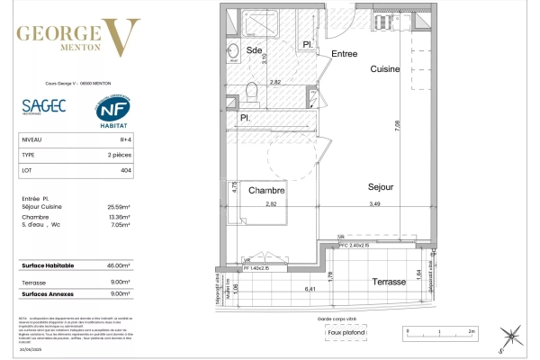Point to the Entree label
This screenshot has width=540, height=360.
click(x=344, y=54)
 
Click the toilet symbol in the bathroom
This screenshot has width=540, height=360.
click(x=252, y=91)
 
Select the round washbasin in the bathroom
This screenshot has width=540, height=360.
click(x=230, y=50)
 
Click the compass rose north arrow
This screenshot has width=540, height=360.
click(x=511, y=337)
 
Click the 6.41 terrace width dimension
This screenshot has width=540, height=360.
click(x=310, y=289)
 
